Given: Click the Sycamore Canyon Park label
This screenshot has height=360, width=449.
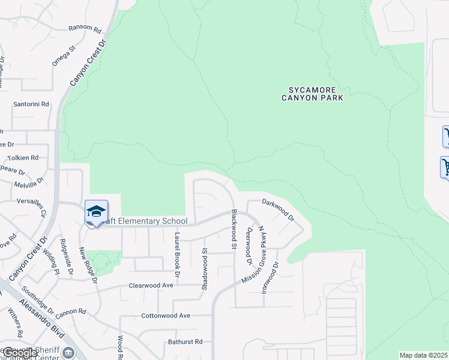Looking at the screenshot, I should (x=313, y=93).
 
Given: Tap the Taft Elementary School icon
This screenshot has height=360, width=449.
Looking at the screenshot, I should (x=96, y=212).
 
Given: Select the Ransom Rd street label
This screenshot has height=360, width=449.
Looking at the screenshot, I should (x=85, y=28).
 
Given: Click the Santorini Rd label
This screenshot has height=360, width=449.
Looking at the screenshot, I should (x=31, y=104).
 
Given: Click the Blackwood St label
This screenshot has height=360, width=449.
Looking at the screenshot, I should (x=234, y=230).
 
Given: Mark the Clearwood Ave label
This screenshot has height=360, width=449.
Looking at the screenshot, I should (x=151, y=285).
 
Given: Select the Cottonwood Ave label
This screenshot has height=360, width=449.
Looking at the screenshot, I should (x=165, y=315).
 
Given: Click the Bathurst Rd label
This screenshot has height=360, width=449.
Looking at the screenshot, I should (x=185, y=341).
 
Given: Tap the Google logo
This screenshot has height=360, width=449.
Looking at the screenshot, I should (x=19, y=353).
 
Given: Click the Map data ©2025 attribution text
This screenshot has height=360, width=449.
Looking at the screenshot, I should (x=424, y=355).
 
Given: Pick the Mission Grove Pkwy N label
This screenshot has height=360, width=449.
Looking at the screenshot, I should (x=255, y=255).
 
